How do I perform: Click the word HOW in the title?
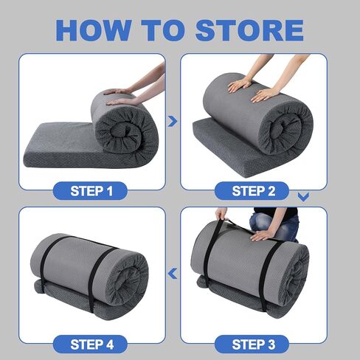click(x=94, y=30)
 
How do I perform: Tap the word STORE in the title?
click(x=249, y=30)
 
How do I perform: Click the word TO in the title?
click(x=163, y=30)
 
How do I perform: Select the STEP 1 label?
click(x=91, y=191)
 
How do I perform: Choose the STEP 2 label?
click(x=253, y=191)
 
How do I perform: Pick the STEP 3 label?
click(x=253, y=345)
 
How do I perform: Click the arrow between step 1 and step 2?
click(x=173, y=121)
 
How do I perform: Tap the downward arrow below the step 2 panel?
click(x=303, y=197)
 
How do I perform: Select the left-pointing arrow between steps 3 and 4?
click(x=173, y=274)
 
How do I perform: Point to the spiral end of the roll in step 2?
click(x=285, y=131)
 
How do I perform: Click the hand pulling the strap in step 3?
click(x=221, y=213)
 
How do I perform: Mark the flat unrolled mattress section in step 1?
click(x=61, y=145)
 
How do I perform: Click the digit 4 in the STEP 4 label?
click(x=110, y=345)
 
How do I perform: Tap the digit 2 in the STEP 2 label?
click(x=271, y=191)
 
